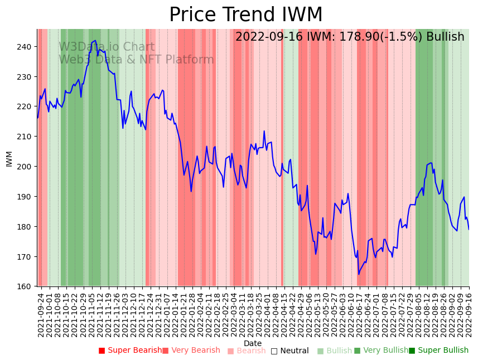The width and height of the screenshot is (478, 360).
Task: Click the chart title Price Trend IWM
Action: pos(245,15)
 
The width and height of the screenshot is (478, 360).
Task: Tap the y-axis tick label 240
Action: pos(26,47)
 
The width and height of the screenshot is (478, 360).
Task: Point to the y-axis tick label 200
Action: pos(26,167)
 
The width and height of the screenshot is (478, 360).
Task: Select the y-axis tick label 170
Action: pos(26,257)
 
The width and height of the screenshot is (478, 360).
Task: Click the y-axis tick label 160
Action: pos(26,287)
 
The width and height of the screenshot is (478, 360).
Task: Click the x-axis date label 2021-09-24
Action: pos(41,314)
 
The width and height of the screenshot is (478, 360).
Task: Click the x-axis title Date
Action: pos(252,343)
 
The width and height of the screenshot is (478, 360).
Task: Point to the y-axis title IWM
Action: pos(9,159)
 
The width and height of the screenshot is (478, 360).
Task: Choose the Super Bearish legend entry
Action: pos(130,351)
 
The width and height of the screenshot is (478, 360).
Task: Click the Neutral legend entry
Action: pos(289,351)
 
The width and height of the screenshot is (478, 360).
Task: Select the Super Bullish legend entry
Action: pos(438,351)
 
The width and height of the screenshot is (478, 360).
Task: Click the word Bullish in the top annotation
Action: pos(445,37)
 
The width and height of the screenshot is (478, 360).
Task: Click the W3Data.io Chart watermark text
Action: pos(107,47)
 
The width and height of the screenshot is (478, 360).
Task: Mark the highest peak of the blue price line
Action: pos(95,40)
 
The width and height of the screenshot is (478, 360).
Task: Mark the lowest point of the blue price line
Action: pos(359,274)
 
